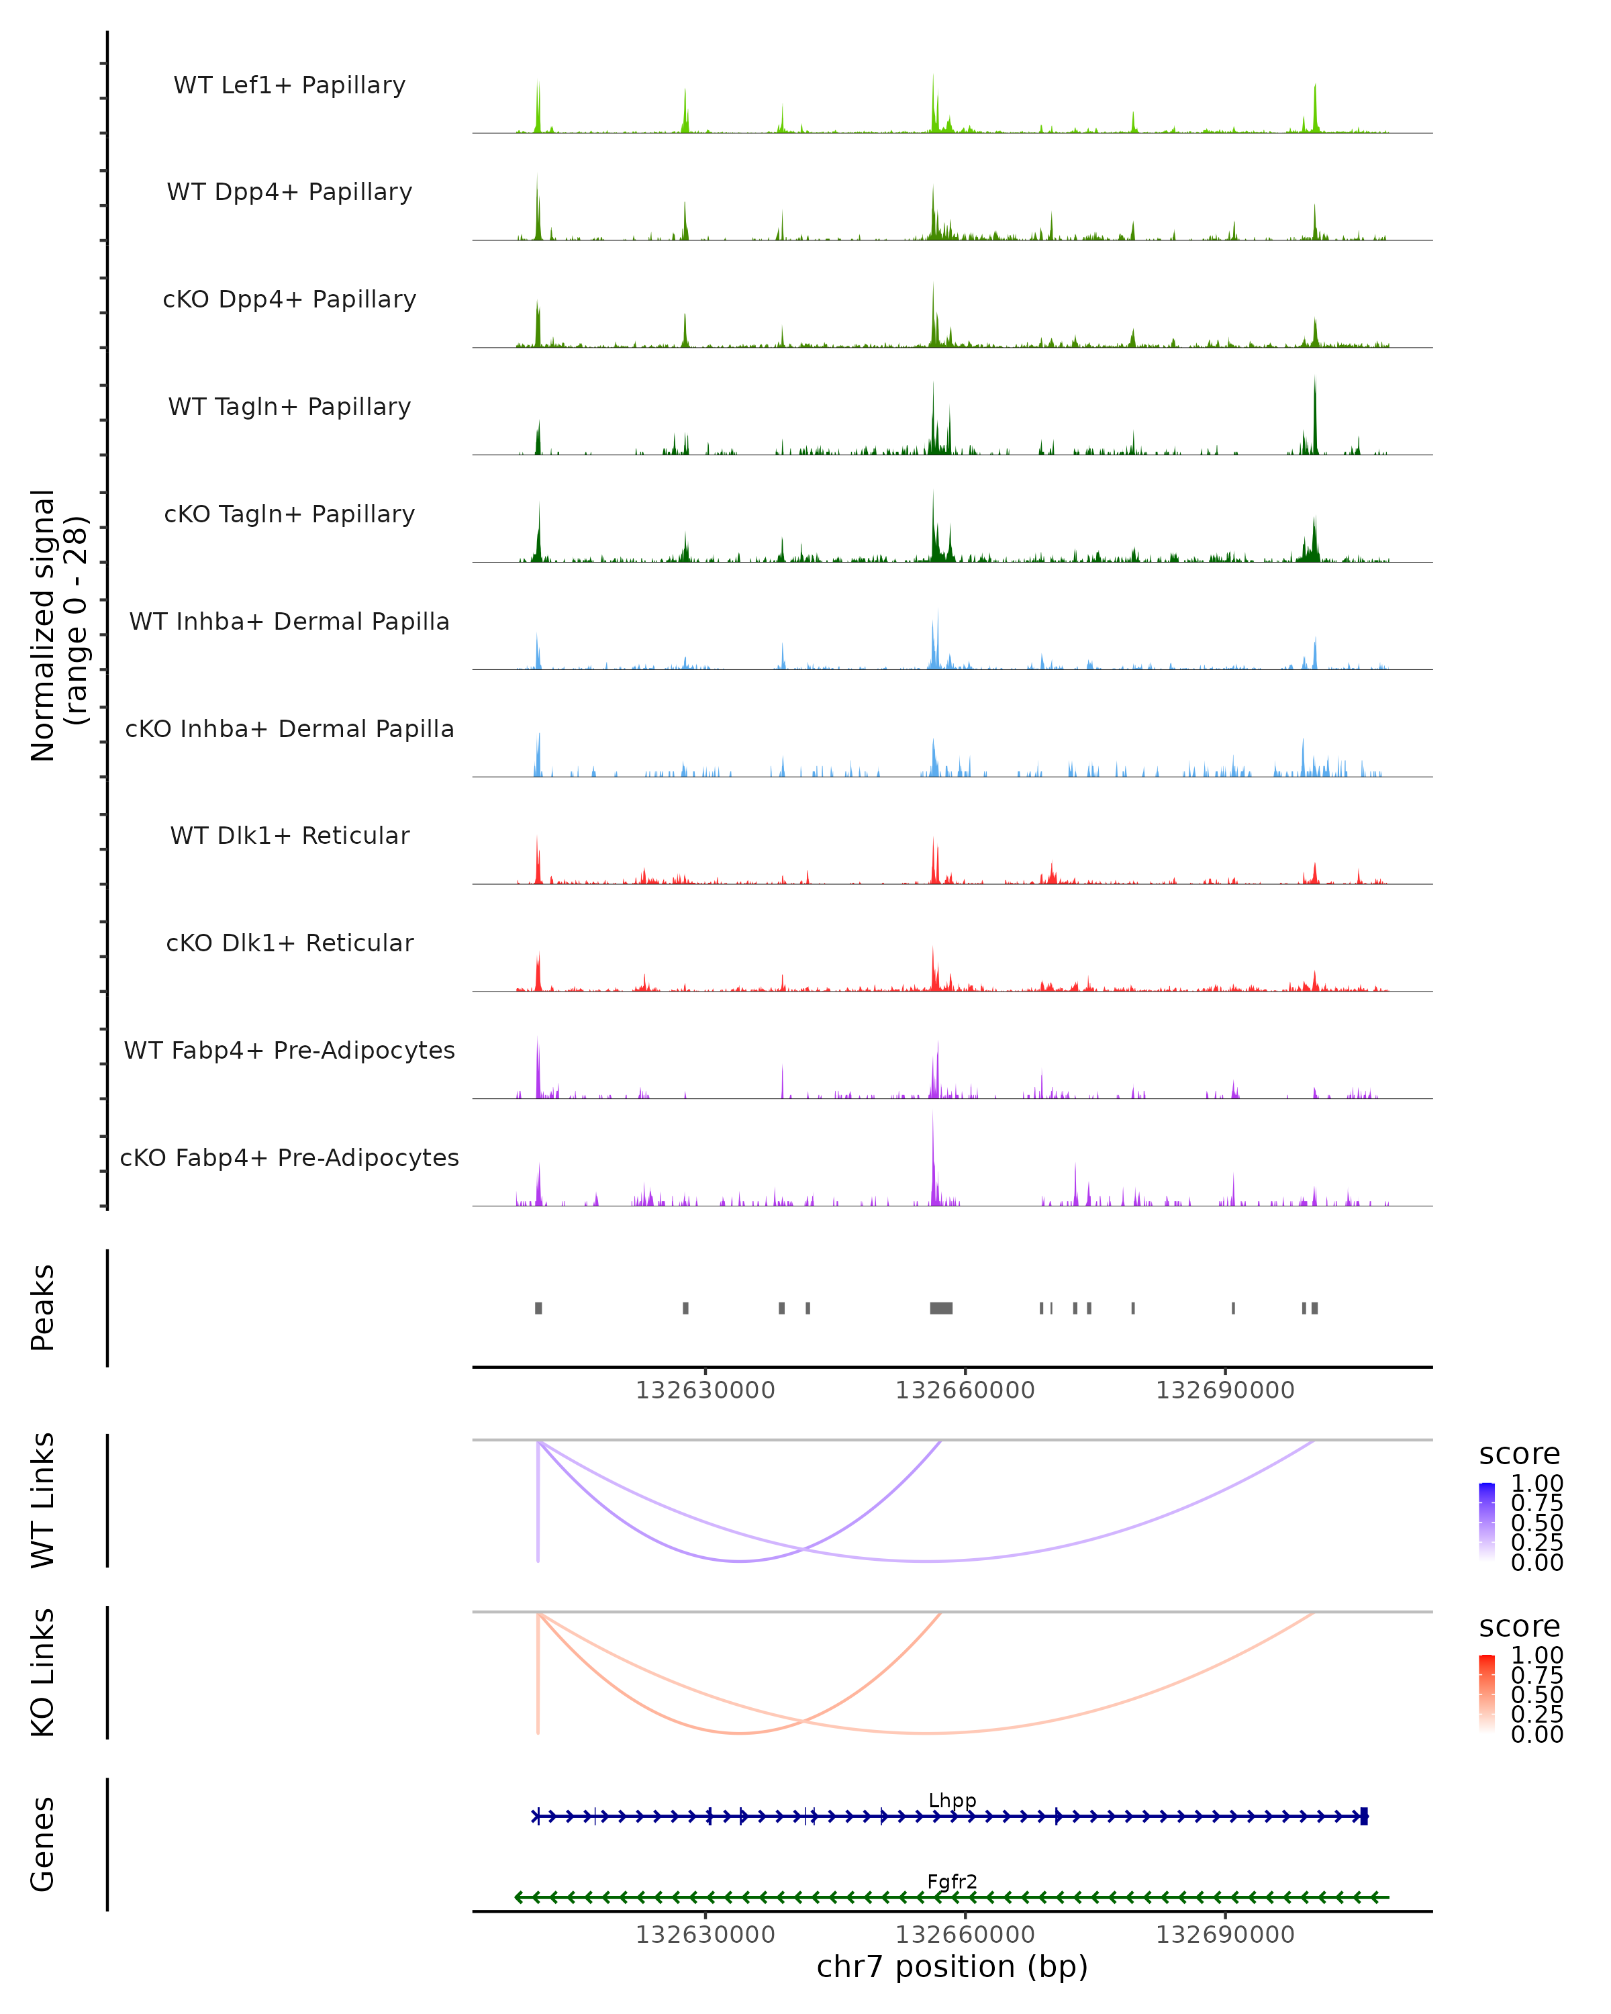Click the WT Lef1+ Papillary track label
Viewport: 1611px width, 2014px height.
coord(289,85)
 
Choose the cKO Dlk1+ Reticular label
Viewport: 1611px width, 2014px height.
coord(289,943)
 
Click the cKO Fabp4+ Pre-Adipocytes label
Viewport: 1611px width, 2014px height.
coord(289,1157)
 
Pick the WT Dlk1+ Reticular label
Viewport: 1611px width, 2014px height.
coord(289,835)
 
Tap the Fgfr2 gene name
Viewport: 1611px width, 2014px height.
coord(952,1881)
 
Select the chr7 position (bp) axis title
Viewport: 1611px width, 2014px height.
coord(952,1966)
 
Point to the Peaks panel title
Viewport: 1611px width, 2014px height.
coord(43,1308)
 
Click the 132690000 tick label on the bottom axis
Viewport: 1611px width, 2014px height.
coord(1224,1935)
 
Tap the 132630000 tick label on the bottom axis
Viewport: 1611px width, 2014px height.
coord(705,1935)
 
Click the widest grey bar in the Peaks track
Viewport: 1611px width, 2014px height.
coord(940,1308)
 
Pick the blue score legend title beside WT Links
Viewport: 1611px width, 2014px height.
coord(1518,1455)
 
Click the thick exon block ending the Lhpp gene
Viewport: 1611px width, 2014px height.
coord(1363,1816)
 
